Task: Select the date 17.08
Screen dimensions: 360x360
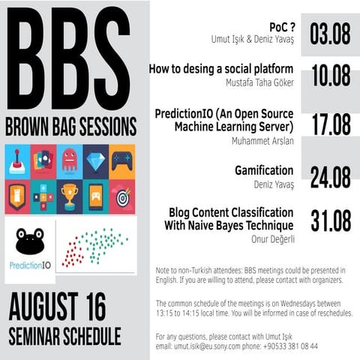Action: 331,125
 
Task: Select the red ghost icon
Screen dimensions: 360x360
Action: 69,160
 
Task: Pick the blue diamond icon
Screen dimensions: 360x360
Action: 95,160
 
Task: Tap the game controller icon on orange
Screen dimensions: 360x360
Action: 121,160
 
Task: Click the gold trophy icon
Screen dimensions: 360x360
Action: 69,197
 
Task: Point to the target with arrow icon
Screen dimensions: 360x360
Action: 121,197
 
